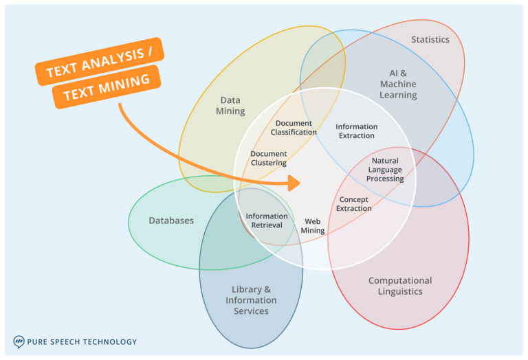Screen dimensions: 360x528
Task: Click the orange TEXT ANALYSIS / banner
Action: click(99, 62)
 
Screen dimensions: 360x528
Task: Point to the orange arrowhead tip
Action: click(300, 183)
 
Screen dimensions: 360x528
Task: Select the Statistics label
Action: click(430, 40)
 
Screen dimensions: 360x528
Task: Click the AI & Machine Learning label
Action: click(398, 84)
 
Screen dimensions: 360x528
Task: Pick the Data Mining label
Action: click(230, 106)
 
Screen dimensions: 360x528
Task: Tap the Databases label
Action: click(171, 221)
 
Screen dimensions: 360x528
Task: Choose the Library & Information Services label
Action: click(251, 300)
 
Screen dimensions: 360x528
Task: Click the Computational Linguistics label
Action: click(400, 286)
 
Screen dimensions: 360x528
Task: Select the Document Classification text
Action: click(294, 128)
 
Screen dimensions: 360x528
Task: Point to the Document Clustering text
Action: click(269, 159)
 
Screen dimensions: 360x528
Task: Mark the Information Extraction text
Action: click(356, 131)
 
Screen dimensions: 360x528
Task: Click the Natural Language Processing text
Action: click(385, 170)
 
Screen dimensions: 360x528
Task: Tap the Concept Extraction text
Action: click(354, 204)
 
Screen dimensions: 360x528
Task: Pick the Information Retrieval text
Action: click(267, 221)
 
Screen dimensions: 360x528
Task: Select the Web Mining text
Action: click(313, 226)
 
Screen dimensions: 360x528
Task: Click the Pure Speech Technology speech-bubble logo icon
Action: click(19, 341)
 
